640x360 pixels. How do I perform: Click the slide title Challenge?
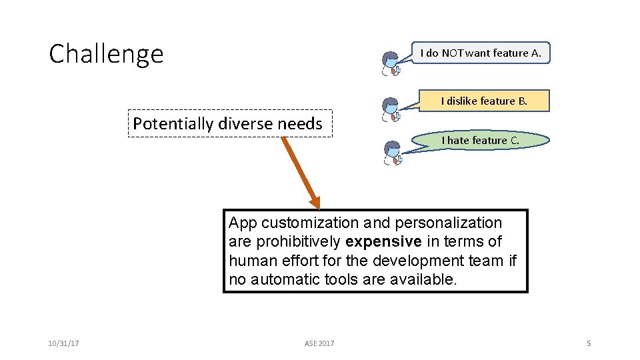pos(106,53)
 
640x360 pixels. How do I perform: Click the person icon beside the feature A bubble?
pos(391,63)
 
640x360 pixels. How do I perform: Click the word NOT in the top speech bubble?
pos(452,53)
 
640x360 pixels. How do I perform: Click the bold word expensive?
pos(383,241)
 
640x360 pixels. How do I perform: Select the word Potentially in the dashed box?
pos(169,123)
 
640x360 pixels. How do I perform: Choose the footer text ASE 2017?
pos(319,343)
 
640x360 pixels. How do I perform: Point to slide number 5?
pos(589,343)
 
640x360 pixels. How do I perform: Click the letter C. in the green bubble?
pos(515,140)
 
